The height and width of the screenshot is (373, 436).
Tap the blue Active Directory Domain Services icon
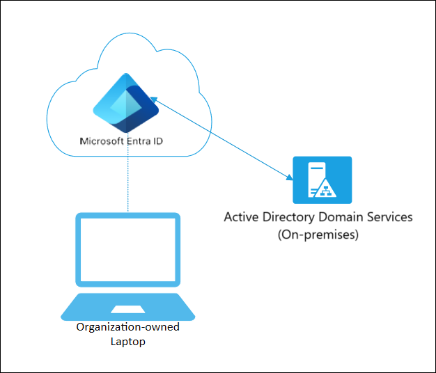click(x=322, y=180)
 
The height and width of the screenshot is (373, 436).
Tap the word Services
click(x=389, y=217)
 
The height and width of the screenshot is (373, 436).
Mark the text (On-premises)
click(x=318, y=235)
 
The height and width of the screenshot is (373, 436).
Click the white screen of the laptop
click(x=128, y=250)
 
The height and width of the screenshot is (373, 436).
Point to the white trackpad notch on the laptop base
click(x=128, y=308)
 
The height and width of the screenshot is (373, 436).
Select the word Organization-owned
click(x=127, y=327)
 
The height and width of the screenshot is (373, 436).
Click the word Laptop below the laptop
click(x=127, y=341)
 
